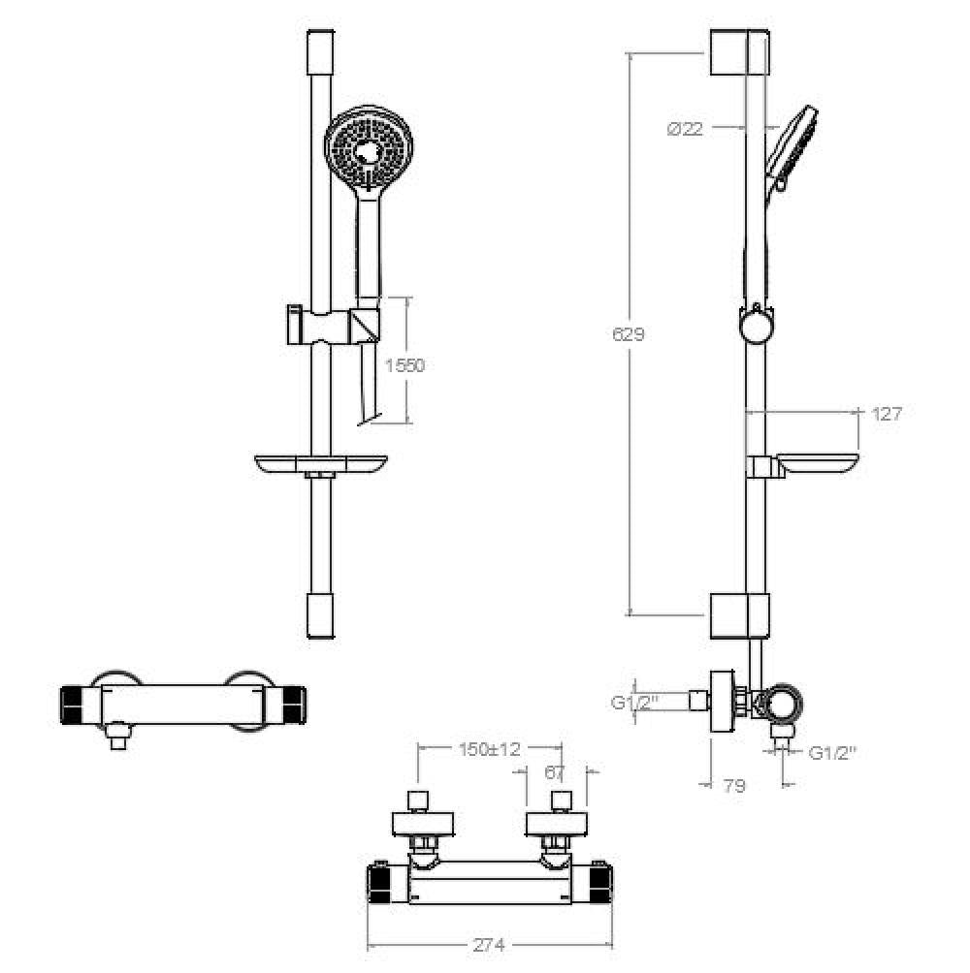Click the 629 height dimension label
coord(629,334)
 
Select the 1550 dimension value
coord(404,365)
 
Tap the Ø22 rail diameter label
coord(685,129)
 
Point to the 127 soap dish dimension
coord(887,414)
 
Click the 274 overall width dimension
coord(489,945)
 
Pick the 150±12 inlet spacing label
coord(489,749)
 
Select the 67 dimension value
coord(555,773)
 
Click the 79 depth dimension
coord(734,786)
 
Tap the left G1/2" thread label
coord(634,703)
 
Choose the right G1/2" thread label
coord(833,753)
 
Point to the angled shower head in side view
coord(791,149)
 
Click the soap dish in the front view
coord(321,465)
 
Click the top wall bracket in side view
coord(739,52)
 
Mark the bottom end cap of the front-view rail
coord(321,615)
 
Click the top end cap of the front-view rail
coord(321,52)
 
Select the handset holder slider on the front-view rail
coord(333,325)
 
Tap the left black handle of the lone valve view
coord(73,705)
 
